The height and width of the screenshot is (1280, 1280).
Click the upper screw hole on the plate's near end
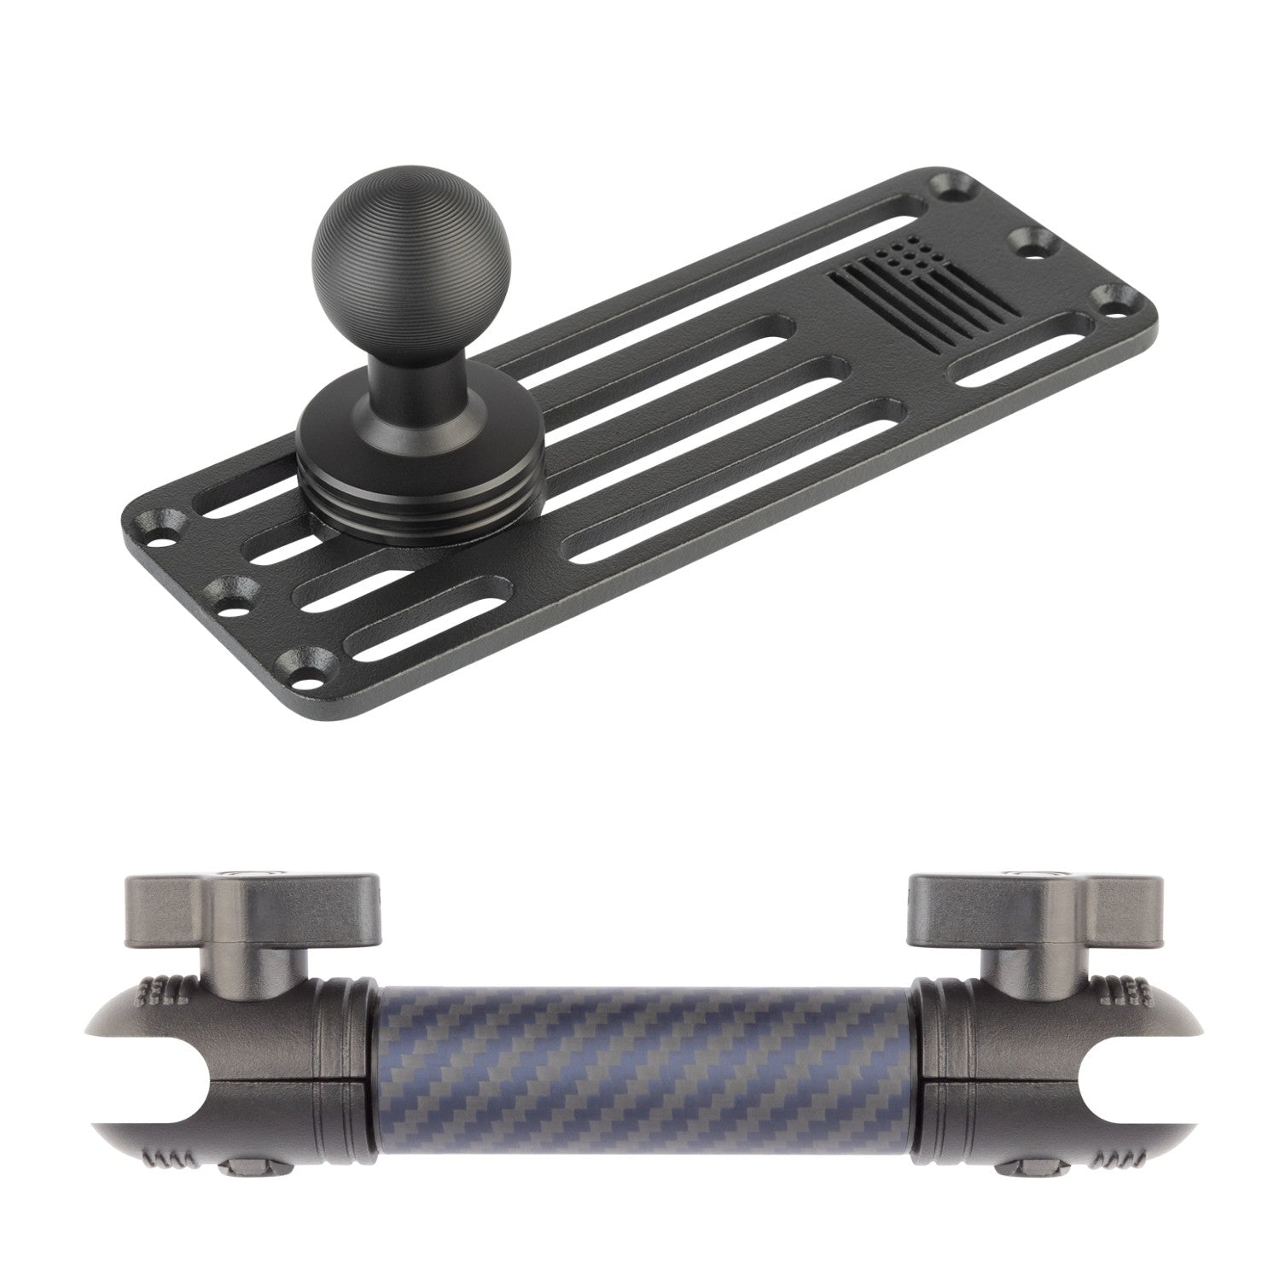coord(166,525)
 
